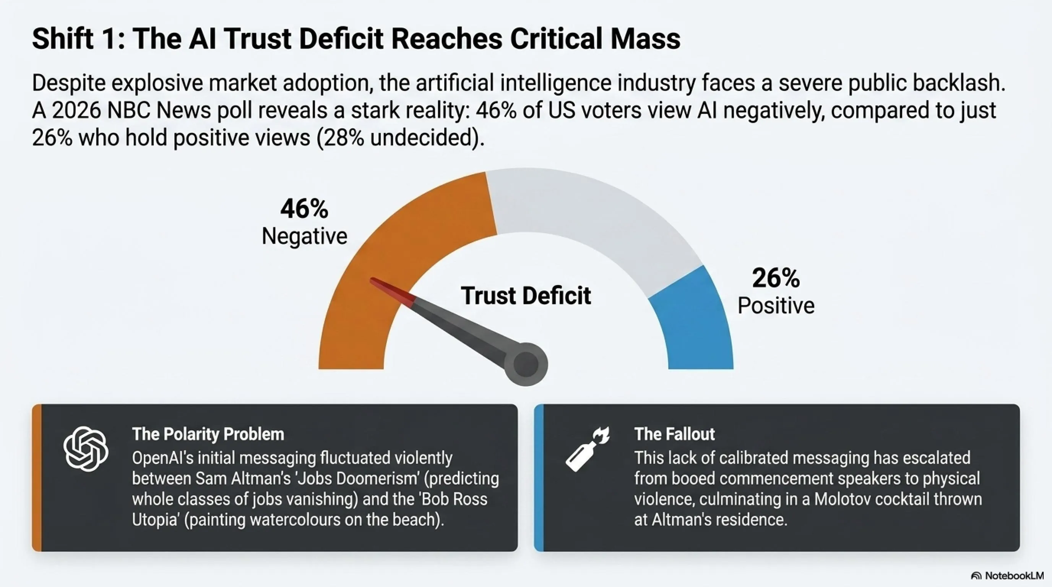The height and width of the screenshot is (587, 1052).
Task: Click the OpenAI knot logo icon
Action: [86, 449]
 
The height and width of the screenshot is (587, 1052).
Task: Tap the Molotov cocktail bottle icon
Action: [587, 449]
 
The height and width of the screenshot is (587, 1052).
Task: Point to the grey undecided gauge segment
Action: [592, 212]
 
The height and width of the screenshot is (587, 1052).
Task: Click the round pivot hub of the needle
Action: [526, 364]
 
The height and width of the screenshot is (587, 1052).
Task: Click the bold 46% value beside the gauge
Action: [304, 209]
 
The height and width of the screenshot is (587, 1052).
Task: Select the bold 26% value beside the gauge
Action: [776, 278]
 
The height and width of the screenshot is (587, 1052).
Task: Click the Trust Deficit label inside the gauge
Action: [526, 295]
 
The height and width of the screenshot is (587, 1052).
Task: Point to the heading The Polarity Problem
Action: [208, 434]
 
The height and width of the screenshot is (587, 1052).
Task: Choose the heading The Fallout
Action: [675, 434]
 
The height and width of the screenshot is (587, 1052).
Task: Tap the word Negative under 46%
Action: [305, 236]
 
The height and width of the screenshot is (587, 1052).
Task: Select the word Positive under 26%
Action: [776, 305]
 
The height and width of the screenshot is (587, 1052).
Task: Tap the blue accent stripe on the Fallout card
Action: [539, 478]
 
